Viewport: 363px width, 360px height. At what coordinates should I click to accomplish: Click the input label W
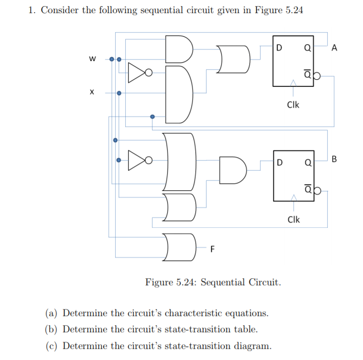pyautogui.click(x=92, y=59)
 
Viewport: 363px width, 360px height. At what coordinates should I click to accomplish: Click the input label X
pyautogui.click(x=92, y=93)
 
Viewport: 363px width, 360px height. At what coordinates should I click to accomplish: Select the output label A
pyautogui.click(x=335, y=48)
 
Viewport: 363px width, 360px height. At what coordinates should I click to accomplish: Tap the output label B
pyautogui.click(x=335, y=161)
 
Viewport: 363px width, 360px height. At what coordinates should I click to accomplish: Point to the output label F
pyautogui.click(x=212, y=248)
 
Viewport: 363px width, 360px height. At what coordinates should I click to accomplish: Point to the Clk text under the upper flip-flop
pyautogui.click(x=293, y=105)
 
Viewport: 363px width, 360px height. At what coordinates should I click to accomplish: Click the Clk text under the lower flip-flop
pyautogui.click(x=293, y=220)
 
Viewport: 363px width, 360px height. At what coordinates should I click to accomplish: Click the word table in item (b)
pyautogui.click(x=245, y=330)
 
